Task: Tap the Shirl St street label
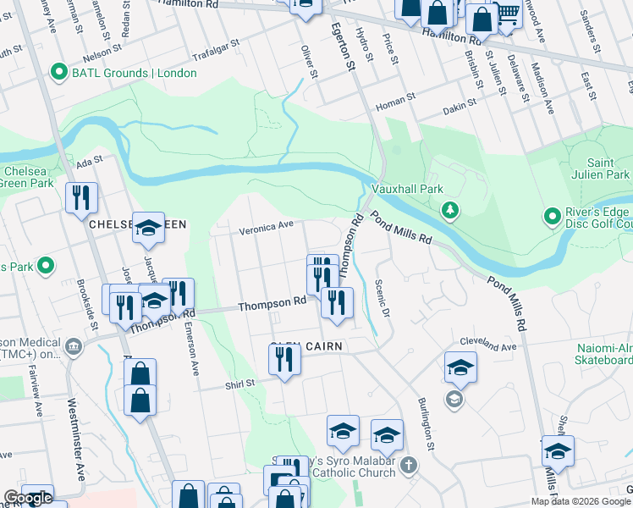click(239, 384)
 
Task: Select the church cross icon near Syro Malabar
click(408, 465)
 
